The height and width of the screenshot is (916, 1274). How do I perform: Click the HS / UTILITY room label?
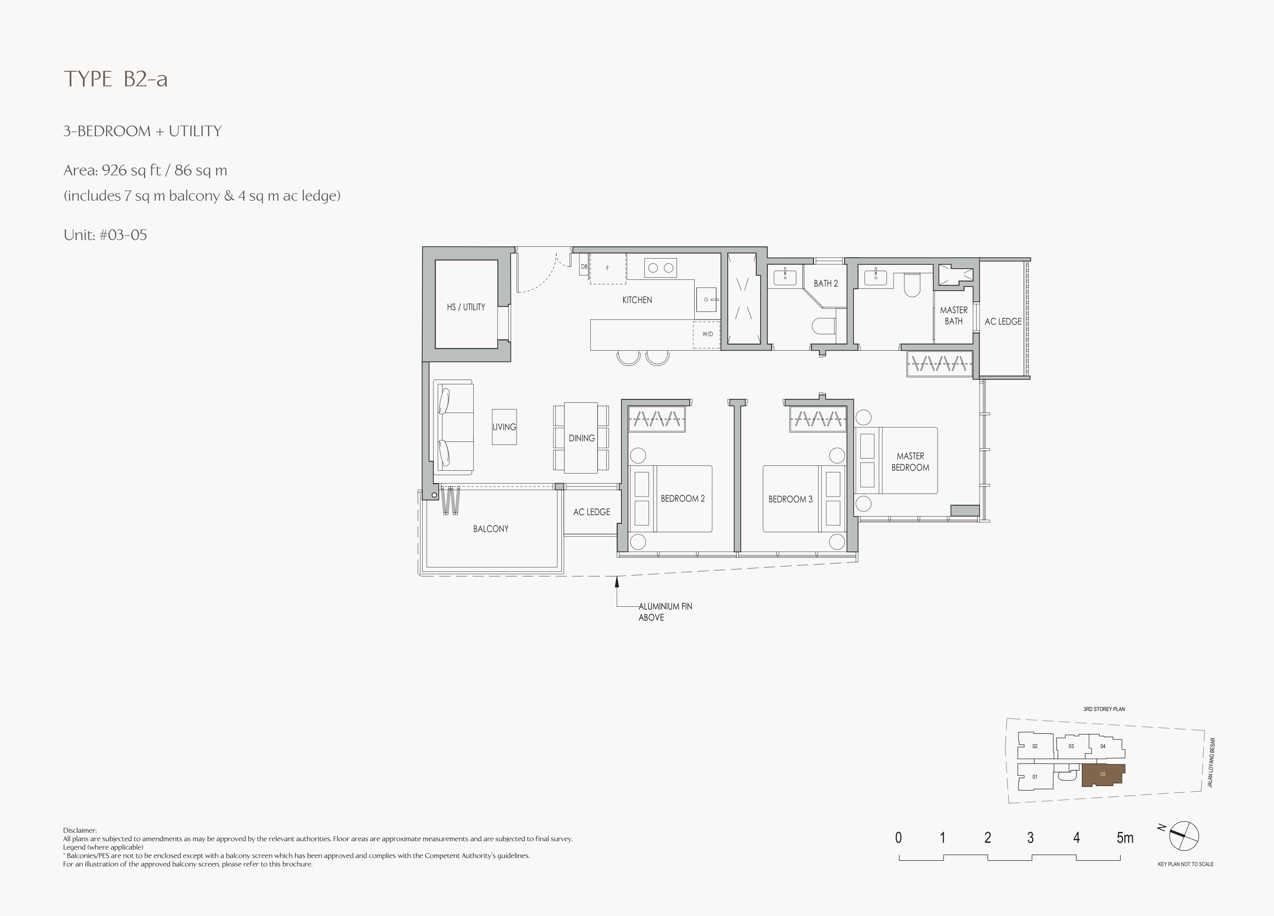[466, 307]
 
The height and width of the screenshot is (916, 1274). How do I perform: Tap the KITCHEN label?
[637, 300]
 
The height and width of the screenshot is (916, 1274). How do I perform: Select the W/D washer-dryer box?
[707, 335]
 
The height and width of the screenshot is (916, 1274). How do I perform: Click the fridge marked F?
[608, 269]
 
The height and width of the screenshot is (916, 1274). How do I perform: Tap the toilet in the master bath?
[913, 286]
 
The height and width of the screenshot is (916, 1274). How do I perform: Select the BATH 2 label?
[826, 283]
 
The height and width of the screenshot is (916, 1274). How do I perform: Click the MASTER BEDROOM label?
[910, 462]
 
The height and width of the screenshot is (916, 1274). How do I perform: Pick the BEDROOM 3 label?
[790, 499]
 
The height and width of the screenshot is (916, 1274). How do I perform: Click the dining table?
[581, 438]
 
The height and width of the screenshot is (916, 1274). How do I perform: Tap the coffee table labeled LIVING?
[504, 427]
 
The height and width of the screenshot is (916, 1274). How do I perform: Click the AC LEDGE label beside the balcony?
[591, 512]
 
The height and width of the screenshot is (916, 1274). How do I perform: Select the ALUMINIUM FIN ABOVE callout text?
[665, 612]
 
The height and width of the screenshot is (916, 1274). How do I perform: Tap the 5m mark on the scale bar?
[1125, 838]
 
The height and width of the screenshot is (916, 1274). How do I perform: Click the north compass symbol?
[1184, 836]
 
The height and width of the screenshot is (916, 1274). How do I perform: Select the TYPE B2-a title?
[116, 79]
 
